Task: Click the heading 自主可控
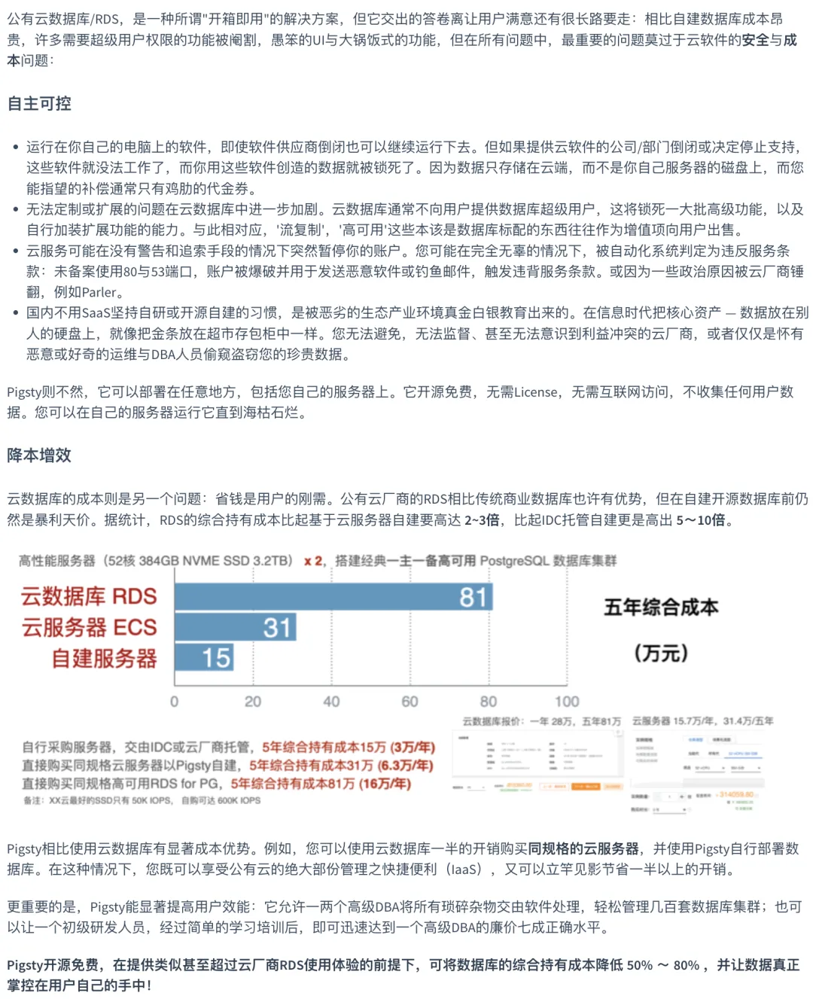[x=39, y=104]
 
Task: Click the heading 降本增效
[x=39, y=455]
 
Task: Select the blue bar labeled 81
[x=333, y=597]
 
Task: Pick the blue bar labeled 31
[x=235, y=627]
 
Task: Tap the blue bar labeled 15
[x=204, y=657]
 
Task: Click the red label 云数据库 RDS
[x=89, y=597]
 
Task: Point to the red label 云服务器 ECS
[x=89, y=627]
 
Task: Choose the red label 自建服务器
[x=104, y=659]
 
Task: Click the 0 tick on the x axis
[x=175, y=702]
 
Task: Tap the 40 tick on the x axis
[x=331, y=702]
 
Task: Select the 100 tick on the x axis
[x=567, y=702]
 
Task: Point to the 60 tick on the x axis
[x=410, y=702]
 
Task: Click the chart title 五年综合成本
[x=661, y=608]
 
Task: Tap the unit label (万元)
[x=661, y=653]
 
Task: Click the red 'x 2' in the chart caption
[x=313, y=561]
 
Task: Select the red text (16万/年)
[x=385, y=784]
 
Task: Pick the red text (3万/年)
[x=413, y=747]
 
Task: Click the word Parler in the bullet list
[x=99, y=292]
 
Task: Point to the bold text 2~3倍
[x=482, y=520]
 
